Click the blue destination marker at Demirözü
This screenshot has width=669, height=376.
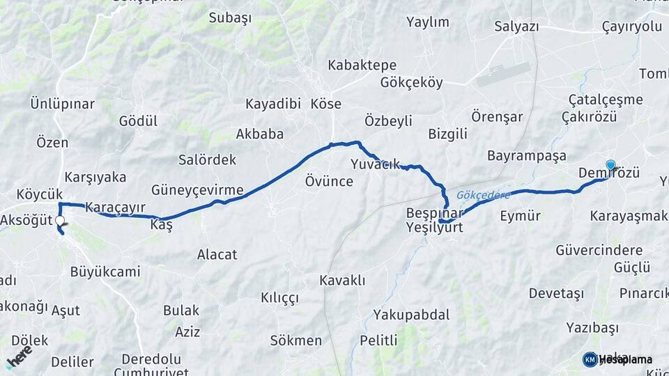pos(610,165)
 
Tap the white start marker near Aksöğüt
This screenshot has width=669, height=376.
pos(60,221)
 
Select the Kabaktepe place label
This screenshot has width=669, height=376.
pos(362,65)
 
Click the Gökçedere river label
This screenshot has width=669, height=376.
pos(484,195)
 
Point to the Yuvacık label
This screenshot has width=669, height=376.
pos(375,164)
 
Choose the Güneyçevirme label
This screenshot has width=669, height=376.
pos(197,190)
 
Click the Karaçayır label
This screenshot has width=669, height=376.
pos(115,207)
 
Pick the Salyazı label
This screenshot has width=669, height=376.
pos(516,26)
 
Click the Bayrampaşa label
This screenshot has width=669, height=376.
pos(527,155)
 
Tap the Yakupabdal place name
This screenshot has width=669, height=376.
pos(411,314)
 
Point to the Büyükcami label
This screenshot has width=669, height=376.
pos(105,272)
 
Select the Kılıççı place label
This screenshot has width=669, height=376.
pos(279,297)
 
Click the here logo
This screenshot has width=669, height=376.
pos(19,357)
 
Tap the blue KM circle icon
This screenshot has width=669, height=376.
pos(590,359)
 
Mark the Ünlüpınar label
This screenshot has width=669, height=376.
pos(62,104)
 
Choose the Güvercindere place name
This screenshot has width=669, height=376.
pos(599,249)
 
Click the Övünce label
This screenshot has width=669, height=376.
pos(329,182)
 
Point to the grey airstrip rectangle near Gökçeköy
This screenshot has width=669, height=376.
pos(502,75)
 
